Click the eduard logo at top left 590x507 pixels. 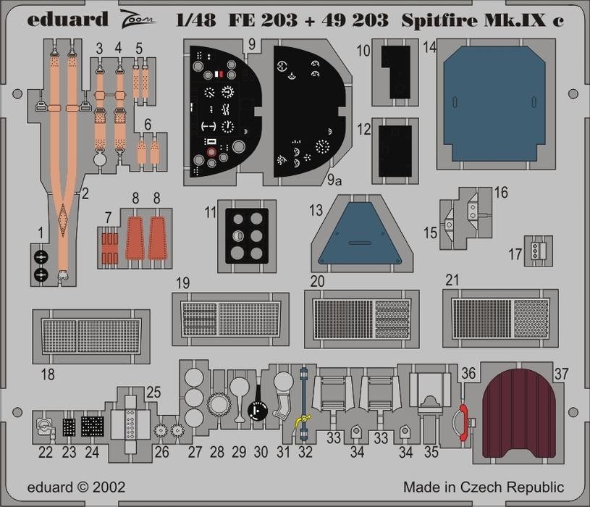coord(68,19)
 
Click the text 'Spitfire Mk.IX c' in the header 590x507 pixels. coord(482,20)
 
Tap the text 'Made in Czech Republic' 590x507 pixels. coord(484,487)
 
